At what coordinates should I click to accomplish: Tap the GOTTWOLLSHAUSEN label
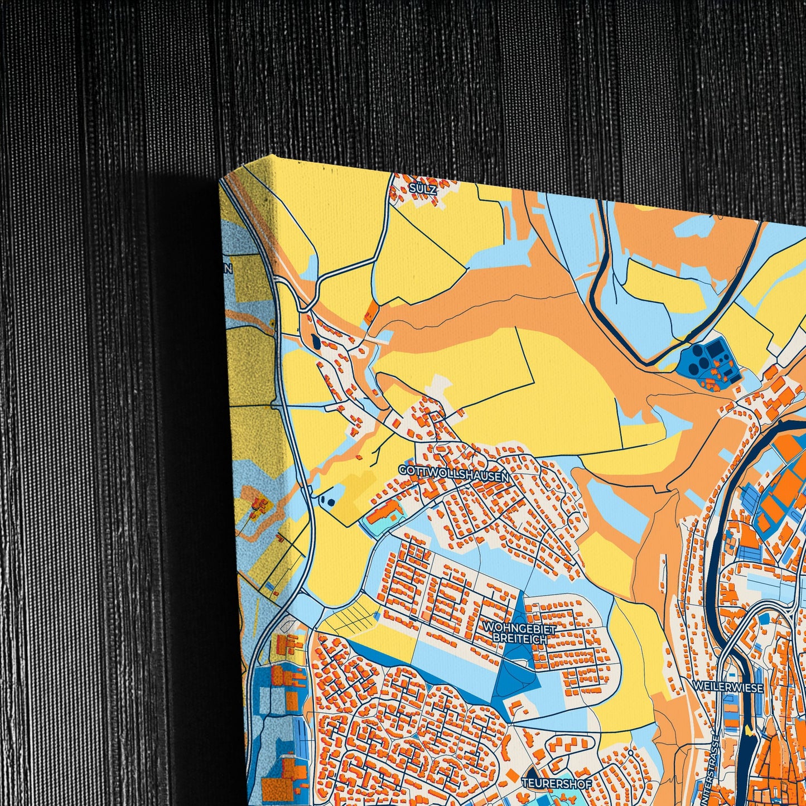(453, 473)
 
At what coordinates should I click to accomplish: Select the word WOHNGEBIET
(519, 629)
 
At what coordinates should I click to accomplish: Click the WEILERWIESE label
(727, 688)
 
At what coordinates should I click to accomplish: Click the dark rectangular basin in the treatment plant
(715, 350)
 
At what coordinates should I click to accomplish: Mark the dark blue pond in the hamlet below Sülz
(316, 341)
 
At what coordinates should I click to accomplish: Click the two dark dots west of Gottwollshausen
(329, 500)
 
